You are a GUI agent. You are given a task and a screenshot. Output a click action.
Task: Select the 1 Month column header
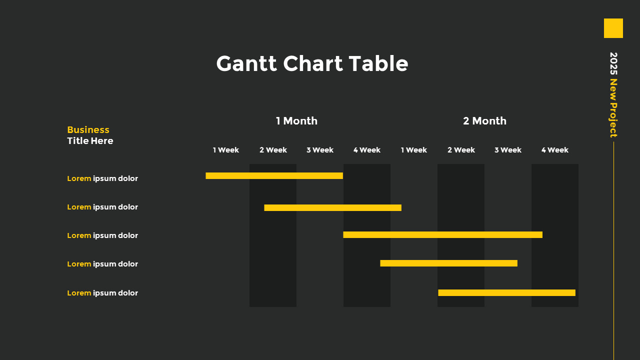[296, 121]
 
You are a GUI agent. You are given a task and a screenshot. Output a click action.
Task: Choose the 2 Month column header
[484, 121]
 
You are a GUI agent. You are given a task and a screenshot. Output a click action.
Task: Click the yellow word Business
[88, 130]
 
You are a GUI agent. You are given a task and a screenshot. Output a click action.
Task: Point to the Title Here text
[90, 141]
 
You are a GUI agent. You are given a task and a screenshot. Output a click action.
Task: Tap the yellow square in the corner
[613, 28]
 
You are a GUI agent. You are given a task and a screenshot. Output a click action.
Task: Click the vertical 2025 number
[613, 63]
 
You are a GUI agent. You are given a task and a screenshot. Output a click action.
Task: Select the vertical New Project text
[613, 108]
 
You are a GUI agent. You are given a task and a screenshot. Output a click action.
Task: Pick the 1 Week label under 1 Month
[226, 150]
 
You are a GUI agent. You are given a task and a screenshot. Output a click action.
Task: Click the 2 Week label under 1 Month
[273, 150]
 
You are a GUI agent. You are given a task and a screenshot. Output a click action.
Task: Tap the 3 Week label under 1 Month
[320, 150]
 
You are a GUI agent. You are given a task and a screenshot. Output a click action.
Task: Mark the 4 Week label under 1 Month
[367, 150]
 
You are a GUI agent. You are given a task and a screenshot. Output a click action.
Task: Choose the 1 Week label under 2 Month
[414, 150]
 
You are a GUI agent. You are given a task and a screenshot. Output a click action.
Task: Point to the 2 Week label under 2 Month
[461, 150]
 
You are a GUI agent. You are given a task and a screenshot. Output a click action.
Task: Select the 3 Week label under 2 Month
[508, 150]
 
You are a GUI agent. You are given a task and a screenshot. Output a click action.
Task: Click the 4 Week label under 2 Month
[555, 150]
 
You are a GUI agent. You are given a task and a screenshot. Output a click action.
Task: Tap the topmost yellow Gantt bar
[274, 175]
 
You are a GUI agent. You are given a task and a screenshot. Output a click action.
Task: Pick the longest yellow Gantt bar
[442, 234]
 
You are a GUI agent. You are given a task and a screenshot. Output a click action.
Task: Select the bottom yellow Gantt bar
[506, 292]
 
